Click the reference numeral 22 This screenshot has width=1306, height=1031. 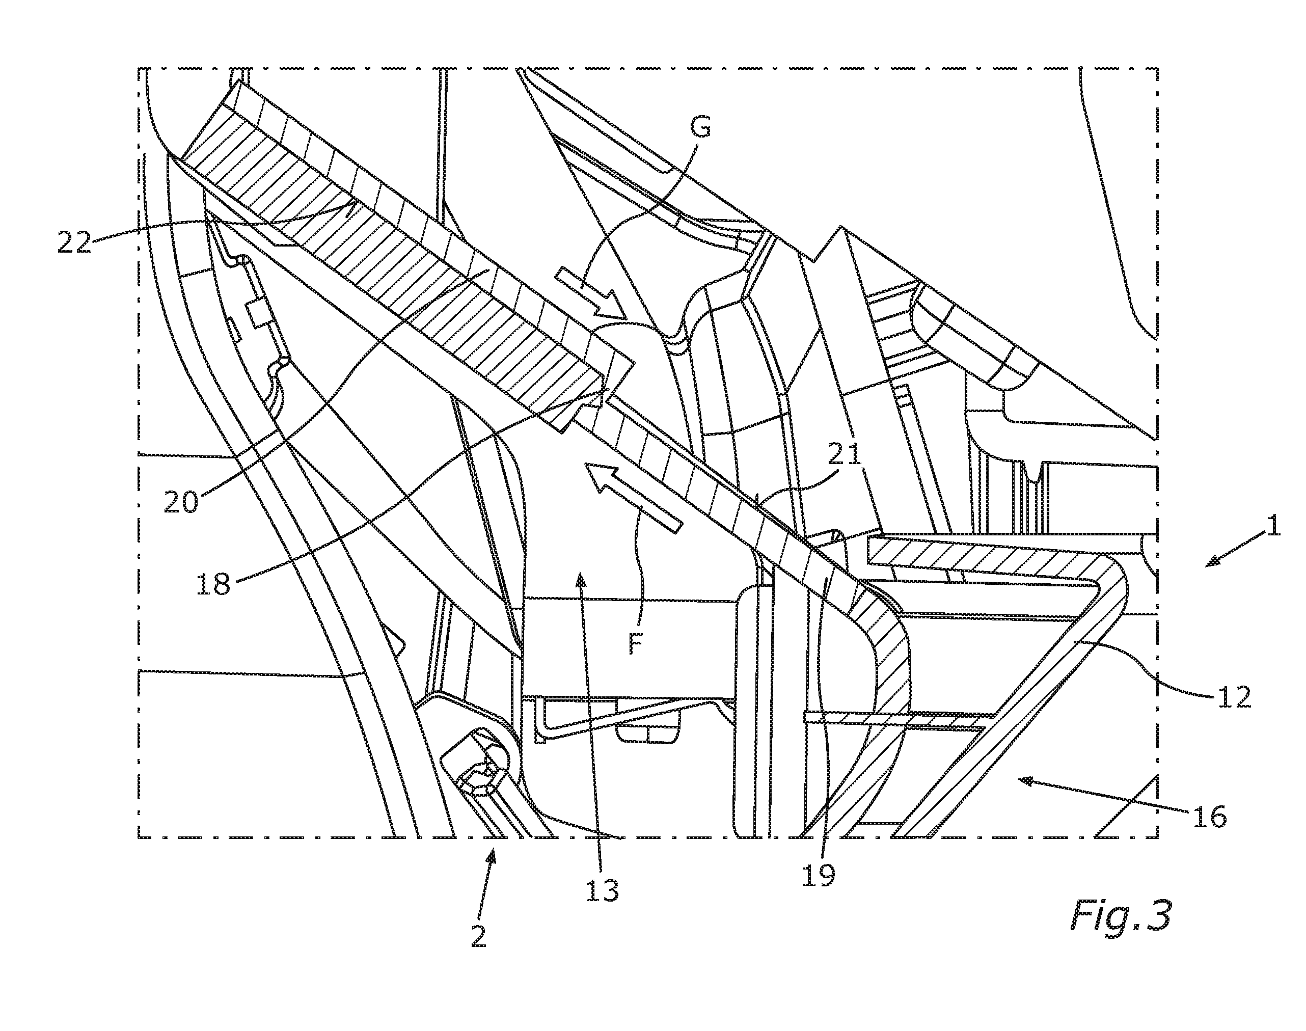74,242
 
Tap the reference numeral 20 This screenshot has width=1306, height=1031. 181,501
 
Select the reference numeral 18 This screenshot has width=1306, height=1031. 213,584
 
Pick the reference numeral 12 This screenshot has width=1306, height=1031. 1234,697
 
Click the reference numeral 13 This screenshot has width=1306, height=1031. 602,890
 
